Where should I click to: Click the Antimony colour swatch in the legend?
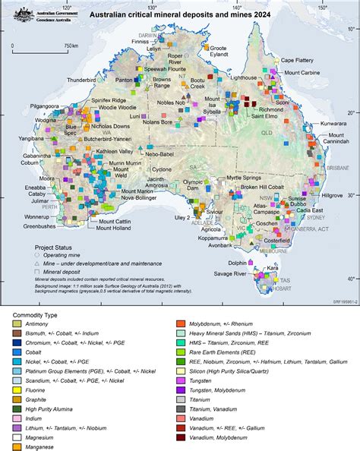[x=16, y=324]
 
